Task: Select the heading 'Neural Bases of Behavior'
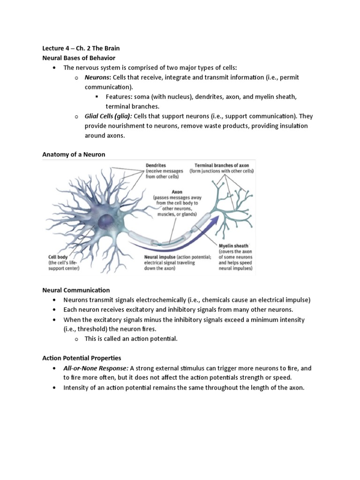coord(79,58)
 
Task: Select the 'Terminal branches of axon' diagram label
coord(222,165)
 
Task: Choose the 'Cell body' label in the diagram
coord(59,257)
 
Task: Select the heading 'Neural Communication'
coord(76,290)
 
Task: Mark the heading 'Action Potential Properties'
coord(82,358)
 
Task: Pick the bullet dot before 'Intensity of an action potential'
coord(55,388)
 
